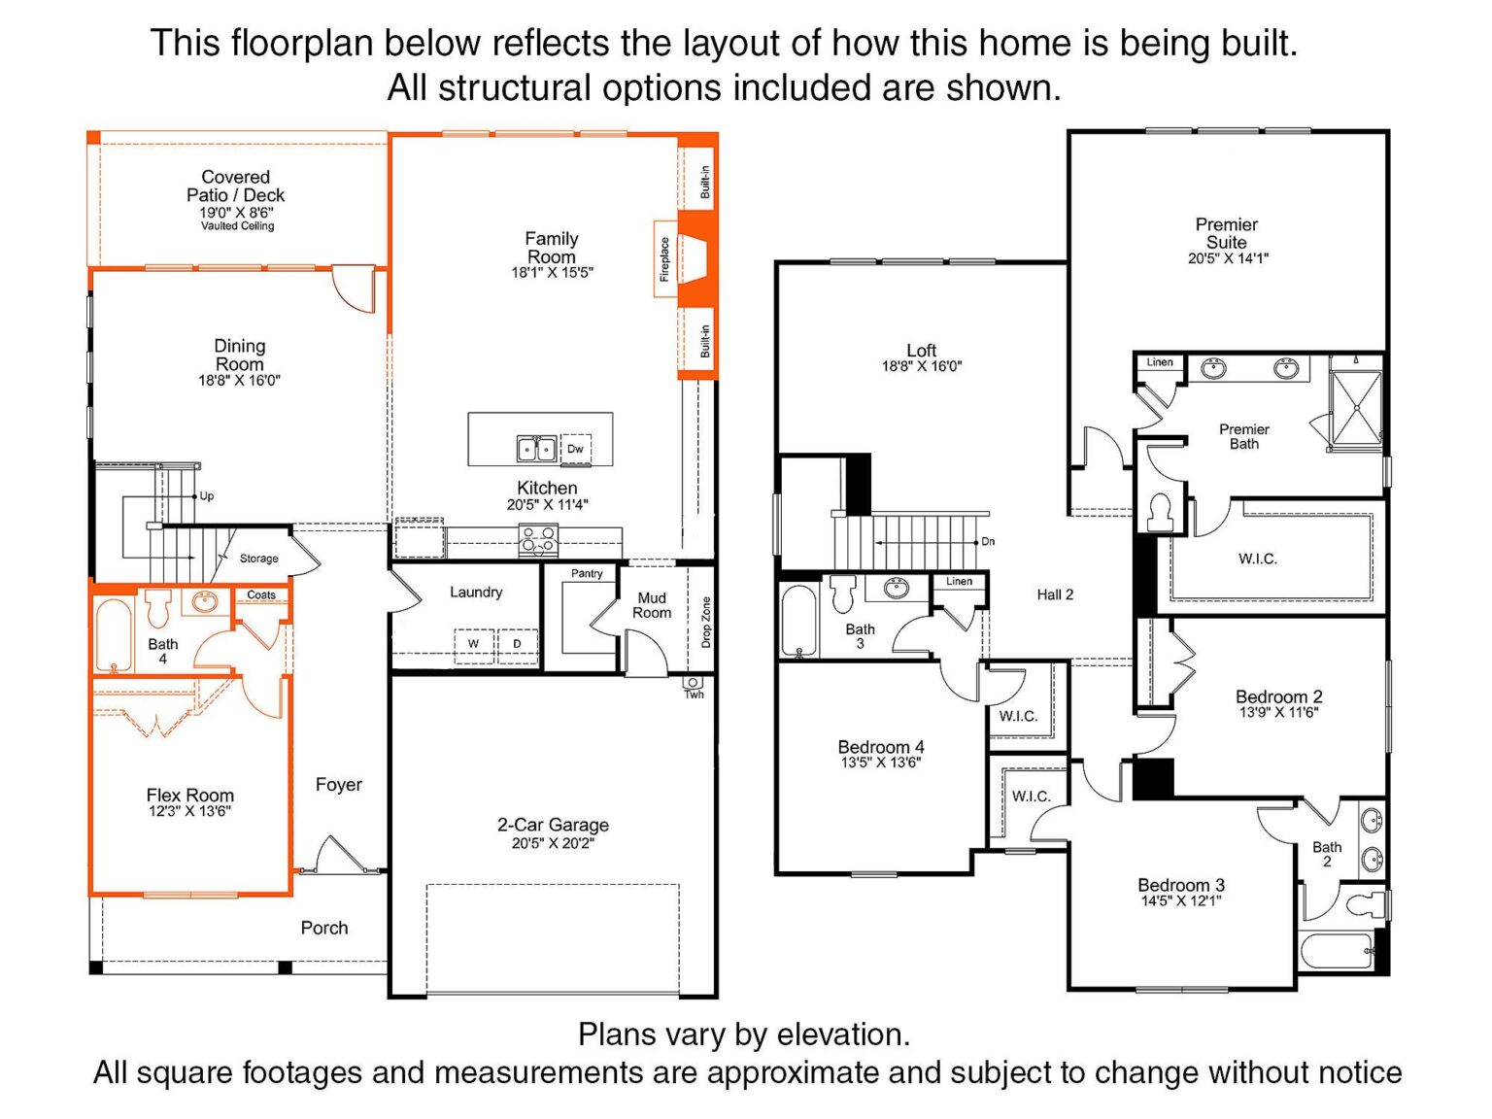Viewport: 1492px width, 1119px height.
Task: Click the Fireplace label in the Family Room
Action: click(664, 258)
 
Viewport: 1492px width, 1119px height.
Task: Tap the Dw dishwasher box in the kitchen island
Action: click(575, 449)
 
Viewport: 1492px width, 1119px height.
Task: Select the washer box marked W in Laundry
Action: click(474, 645)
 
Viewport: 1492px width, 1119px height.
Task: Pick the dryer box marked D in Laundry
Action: click(518, 645)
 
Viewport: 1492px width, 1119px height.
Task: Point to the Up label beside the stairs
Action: click(207, 496)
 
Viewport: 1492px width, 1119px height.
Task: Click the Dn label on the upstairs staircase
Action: click(988, 541)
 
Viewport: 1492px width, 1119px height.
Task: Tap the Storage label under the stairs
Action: click(259, 559)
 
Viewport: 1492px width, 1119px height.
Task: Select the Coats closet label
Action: click(261, 595)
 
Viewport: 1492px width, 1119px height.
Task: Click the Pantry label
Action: click(587, 573)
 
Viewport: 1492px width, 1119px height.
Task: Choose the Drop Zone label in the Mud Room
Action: click(706, 622)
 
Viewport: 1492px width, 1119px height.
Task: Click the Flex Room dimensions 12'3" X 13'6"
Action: click(189, 811)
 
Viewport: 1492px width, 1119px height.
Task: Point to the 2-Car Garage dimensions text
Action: click(553, 844)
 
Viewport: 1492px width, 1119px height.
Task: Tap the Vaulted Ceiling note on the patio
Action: click(237, 226)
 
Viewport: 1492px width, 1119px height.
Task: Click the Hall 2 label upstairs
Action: click(1055, 594)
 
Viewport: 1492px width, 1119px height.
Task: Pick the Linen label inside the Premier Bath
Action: click(1160, 362)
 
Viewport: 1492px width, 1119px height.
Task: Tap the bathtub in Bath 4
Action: click(113, 636)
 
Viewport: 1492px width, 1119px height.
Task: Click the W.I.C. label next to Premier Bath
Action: click(1258, 559)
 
